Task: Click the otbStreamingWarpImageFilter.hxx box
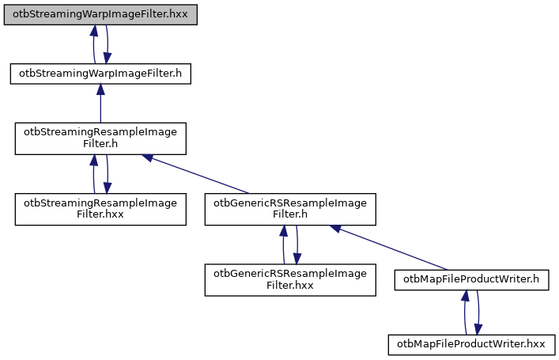pos(100,15)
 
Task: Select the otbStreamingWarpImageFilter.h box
pos(100,74)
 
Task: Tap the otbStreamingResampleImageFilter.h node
pos(100,138)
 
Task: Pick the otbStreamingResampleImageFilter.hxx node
pos(100,209)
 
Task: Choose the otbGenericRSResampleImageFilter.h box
pos(290,209)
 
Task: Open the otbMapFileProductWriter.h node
pos(471,279)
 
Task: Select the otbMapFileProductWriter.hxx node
pos(471,344)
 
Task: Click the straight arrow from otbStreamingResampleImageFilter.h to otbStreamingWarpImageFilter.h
pos(100,103)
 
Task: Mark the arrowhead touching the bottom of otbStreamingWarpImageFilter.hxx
pos(93,31)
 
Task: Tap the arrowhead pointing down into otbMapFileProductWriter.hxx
pos(478,329)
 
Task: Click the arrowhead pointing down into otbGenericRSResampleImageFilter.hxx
pos(297,259)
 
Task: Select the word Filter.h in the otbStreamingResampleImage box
pos(100,145)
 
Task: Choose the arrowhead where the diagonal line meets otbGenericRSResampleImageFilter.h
pos(336,228)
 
